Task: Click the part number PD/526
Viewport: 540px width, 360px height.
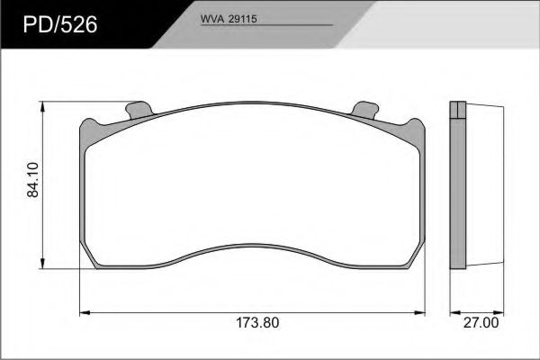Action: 60,25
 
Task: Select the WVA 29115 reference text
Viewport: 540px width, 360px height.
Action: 229,19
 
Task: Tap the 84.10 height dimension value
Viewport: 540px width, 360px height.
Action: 33,180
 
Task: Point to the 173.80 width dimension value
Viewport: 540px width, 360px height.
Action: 257,323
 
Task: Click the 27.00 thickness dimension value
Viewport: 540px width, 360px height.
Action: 481,323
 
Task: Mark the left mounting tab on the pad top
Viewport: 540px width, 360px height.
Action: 139,110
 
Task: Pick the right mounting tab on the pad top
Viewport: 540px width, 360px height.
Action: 365,110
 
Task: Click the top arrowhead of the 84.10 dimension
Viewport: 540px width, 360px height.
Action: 42,107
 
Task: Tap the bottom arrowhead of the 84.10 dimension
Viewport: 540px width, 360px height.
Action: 42,263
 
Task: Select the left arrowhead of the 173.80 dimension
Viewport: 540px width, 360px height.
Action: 85,313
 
